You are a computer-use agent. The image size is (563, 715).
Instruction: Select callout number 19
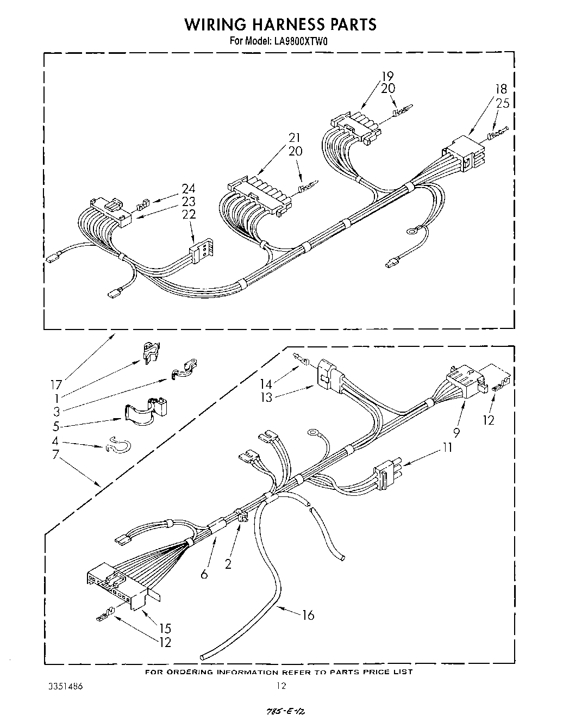[x=387, y=77]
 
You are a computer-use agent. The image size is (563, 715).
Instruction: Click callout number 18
[x=501, y=90]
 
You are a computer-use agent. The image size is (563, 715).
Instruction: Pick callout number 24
[x=188, y=189]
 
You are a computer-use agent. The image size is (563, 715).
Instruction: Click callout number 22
[x=189, y=214]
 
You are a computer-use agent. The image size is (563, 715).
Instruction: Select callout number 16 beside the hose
[x=308, y=614]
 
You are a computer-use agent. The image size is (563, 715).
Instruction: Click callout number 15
[x=165, y=629]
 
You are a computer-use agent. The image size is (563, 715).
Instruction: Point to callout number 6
[x=204, y=574]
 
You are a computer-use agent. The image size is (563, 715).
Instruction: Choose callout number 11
[x=447, y=447]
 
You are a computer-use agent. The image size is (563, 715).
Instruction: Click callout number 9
[x=456, y=433]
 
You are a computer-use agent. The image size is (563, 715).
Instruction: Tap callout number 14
[x=265, y=384]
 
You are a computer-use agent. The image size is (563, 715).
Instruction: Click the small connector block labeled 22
[x=200, y=251]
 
